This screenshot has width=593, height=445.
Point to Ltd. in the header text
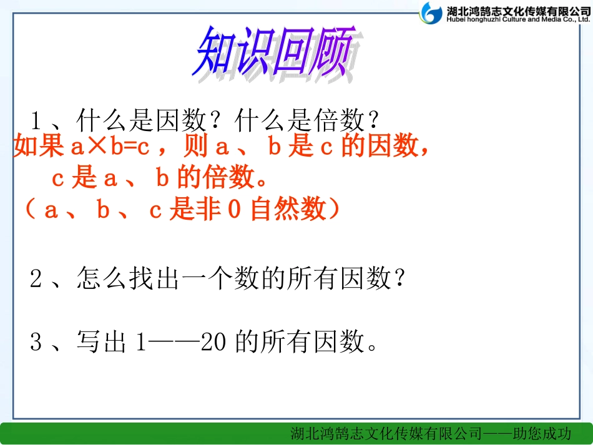click(581, 19)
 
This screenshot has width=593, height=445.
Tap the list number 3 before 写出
click(36, 341)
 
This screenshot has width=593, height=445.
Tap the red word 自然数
click(288, 210)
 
